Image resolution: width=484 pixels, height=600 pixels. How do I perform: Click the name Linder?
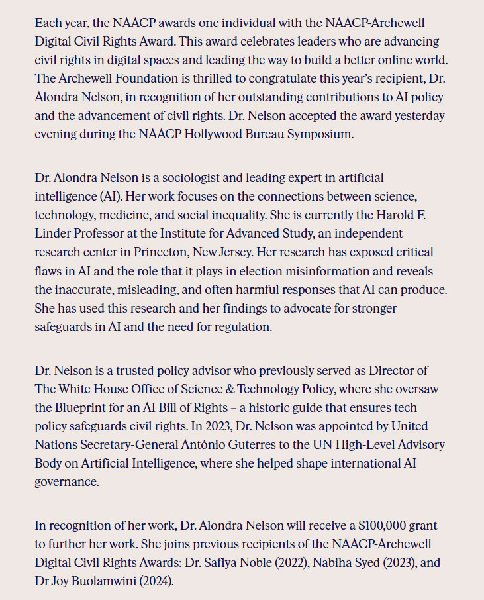pyautogui.click(x=53, y=234)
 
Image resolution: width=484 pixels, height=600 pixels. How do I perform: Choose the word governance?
pyautogui.click(x=66, y=481)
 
